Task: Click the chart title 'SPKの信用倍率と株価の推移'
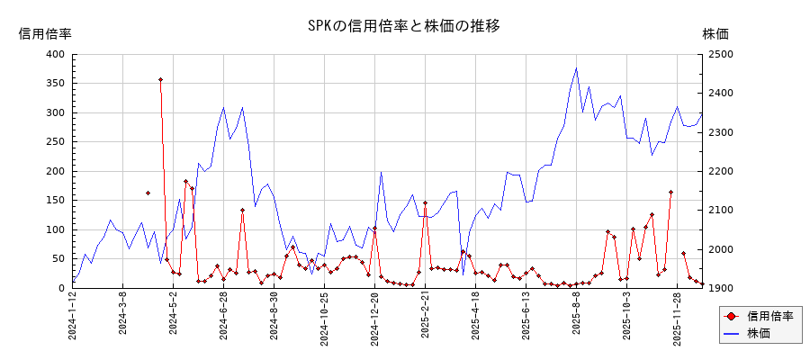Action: point(403,26)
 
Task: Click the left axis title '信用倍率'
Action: point(45,33)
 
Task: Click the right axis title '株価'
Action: point(715,33)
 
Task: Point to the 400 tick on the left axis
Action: point(55,54)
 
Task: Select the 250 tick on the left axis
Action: point(55,142)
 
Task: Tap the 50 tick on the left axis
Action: point(58,259)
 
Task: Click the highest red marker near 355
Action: point(160,80)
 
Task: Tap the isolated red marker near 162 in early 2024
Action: point(148,193)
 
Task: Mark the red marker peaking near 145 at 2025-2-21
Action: point(425,203)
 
